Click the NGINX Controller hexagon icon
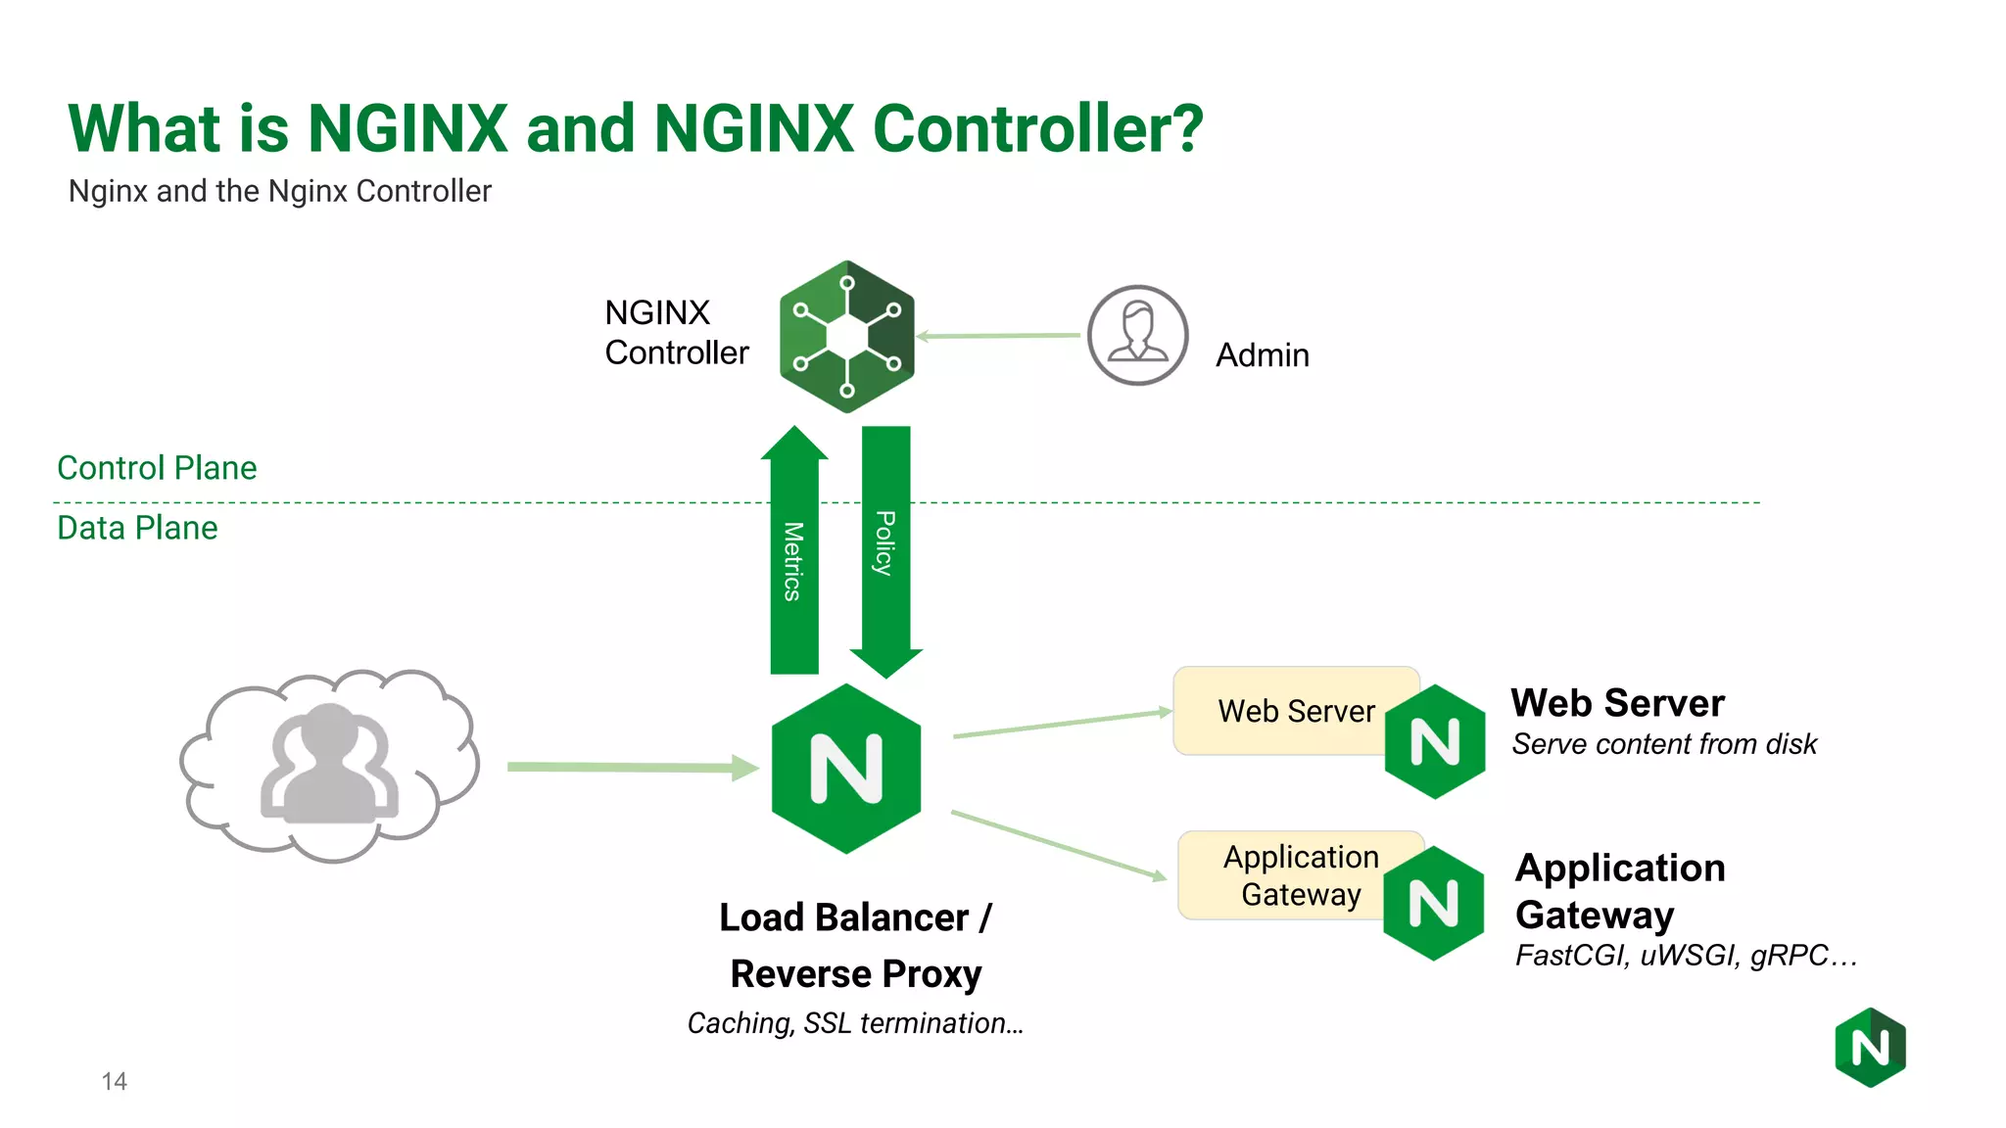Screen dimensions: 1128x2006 [x=847, y=337]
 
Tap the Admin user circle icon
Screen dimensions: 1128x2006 [x=1137, y=335]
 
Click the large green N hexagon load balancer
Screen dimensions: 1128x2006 [x=846, y=769]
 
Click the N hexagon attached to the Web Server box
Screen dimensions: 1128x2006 [x=1435, y=742]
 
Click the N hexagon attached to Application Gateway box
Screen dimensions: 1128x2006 [x=1433, y=903]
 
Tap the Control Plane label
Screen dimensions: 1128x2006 [x=157, y=468]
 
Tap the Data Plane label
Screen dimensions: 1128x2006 [x=137, y=528]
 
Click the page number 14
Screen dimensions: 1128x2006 [x=114, y=1081]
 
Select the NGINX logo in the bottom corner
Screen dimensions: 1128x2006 [x=1870, y=1048]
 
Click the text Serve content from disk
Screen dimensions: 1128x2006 [x=1663, y=744]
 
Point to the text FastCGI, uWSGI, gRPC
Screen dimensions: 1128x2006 [x=1685, y=955]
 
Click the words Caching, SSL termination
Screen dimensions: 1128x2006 [x=855, y=1023]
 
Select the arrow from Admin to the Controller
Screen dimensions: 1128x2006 [x=999, y=336]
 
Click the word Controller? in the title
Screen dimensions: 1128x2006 [x=1037, y=129]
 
